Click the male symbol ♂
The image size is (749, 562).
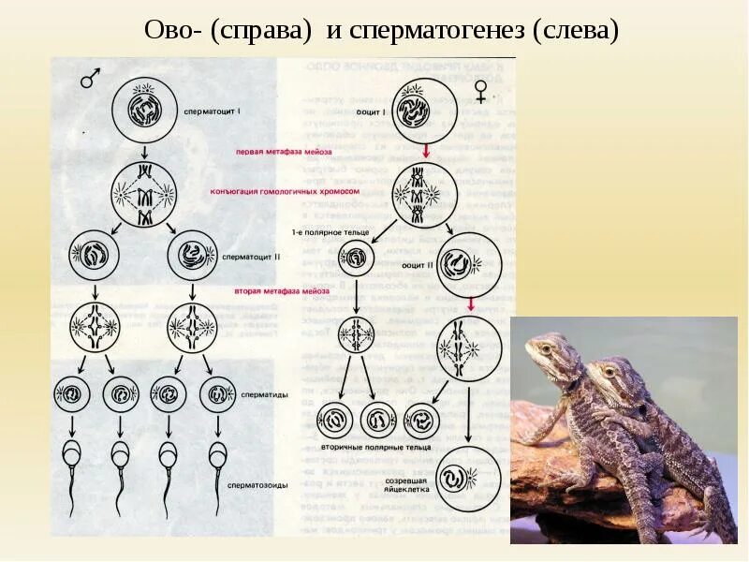tap(90, 80)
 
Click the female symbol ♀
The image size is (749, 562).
tap(480, 91)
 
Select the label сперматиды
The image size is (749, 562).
tap(265, 394)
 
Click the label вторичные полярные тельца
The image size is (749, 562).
tap(369, 448)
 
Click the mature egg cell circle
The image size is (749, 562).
tap(467, 478)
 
